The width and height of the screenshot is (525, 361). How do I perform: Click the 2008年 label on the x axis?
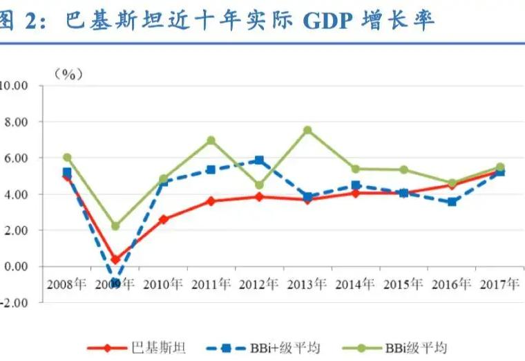point(66,284)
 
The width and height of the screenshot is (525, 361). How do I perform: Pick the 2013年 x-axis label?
point(307,284)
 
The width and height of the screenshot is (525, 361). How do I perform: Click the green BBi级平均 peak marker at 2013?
point(307,130)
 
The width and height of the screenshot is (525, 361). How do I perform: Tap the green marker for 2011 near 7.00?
point(211,140)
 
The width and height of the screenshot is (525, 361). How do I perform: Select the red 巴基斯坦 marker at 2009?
point(115,260)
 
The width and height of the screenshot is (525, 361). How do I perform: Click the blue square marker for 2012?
point(259,160)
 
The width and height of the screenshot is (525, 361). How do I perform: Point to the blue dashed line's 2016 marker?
point(452,202)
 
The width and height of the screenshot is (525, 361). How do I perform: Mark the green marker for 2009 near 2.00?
point(115,226)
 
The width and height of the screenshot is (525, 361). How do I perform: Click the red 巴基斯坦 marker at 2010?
point(163,219)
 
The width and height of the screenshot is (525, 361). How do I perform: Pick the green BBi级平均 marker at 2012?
point(259,185)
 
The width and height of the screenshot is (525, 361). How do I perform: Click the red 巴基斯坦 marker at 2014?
point(356,193)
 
